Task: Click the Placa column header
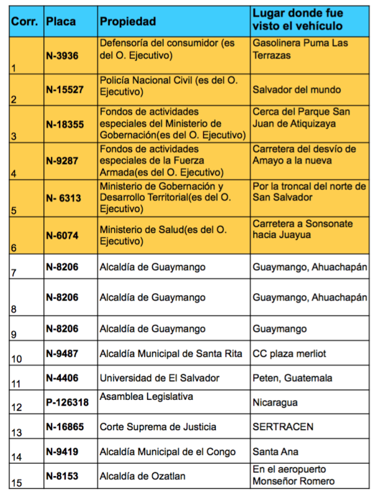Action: (61, 21)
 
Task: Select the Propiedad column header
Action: (128, 21)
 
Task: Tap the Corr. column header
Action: (24, 21)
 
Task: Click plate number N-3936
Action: (62, 55)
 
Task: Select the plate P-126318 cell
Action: (67, 402)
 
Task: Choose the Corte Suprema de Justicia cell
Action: (158, 427)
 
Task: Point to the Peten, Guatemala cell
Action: (292, 378)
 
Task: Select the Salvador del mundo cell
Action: (297, 90)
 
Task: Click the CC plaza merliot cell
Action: (289, 353)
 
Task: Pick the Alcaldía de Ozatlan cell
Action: (143, 476)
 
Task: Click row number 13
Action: (17, 432)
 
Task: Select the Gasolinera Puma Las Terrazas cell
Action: (301, 49)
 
